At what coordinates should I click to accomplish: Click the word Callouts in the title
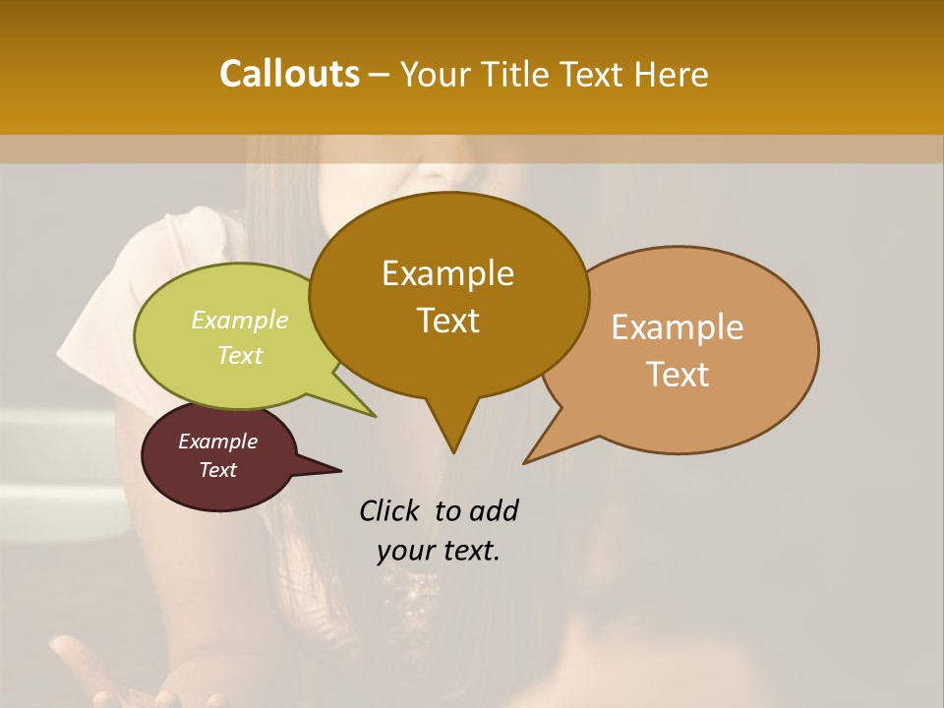[289, 74]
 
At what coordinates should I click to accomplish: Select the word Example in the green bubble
[239, 321]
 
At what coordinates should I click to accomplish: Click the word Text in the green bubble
[239, 355]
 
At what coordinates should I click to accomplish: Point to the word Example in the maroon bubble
[217, 442]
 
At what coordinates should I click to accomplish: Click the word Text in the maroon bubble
[217, 470]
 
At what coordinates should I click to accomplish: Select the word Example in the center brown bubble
[447, 273]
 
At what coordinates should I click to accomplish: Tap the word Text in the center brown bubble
[447, 321]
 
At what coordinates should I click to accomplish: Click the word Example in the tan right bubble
[678, 327]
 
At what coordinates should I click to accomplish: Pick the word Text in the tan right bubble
[678, 375]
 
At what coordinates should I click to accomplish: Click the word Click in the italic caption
[389, 511]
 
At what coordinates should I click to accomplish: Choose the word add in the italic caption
[493, 511]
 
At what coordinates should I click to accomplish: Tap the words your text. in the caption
[438, 552]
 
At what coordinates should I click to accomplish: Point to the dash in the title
[381, 75]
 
